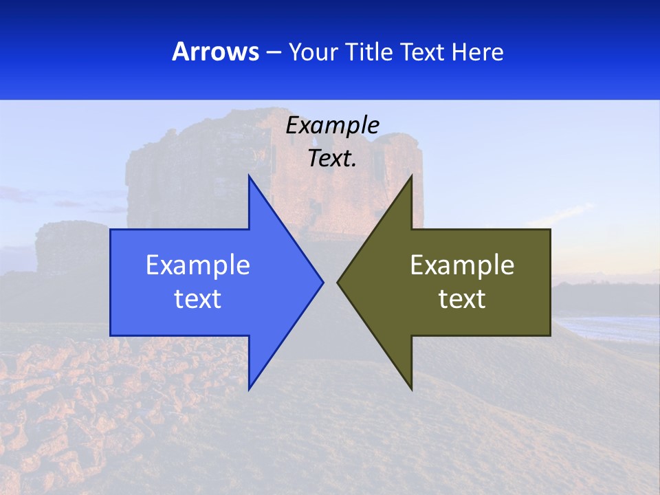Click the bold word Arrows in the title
pos(216,52)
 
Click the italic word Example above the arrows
pos(332,125)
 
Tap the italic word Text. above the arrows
pos(332,158)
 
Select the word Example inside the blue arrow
pos(198,265)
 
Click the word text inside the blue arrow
pos(198,298)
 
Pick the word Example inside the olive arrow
pos(462,265)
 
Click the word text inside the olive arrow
pos(462,298)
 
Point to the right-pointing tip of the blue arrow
pos(322,282)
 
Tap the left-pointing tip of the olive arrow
pos(338,282)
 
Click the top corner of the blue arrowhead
pos(249,177)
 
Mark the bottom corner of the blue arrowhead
pos(249,388)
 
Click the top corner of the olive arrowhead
pos(411,177)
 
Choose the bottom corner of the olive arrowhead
pos(411,388)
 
